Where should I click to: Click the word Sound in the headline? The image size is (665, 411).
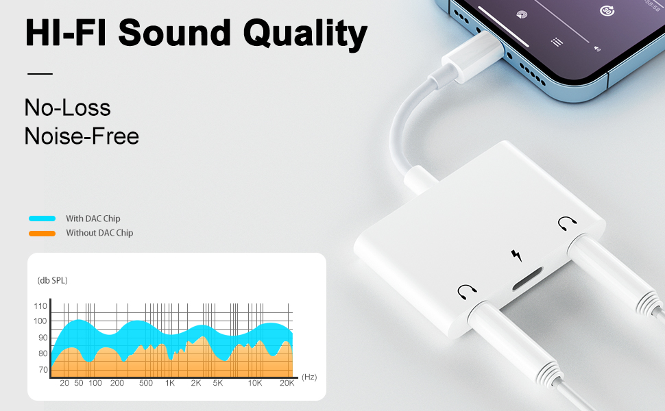[173, 33]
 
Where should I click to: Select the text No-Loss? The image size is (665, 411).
[67, 108]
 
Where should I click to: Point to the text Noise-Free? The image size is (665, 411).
[82, 136]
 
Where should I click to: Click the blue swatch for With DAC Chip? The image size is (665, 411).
[42, 219]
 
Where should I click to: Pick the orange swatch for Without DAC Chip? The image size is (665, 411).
[42, 233]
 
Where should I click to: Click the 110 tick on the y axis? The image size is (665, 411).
[40, 306]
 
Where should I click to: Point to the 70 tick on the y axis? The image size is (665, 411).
[43, 370]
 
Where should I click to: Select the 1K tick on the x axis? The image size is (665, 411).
[170, 383]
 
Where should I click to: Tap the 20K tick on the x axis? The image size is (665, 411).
[287, 383]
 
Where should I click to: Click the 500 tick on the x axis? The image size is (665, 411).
[145, 383]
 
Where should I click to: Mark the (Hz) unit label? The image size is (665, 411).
[309, 377]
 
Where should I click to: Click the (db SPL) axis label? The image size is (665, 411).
[52, 281]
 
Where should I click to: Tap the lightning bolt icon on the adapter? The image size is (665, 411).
[516, 256]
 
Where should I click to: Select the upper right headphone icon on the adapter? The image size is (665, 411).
[566, 223]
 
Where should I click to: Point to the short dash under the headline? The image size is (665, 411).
[40, 73]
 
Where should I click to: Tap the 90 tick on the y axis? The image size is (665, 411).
[43, 338]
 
